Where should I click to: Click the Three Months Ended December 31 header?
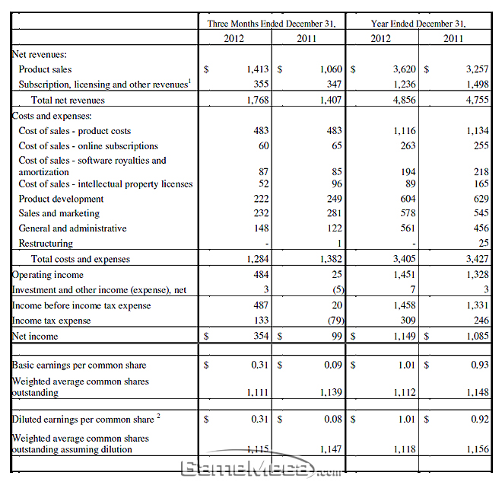(272, 24)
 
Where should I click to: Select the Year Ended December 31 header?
(418, 24)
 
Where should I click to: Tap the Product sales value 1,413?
(257, 69)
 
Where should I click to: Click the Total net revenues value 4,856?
(405, 100)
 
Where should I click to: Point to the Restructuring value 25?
(484, 243)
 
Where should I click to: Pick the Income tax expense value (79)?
(336, 321)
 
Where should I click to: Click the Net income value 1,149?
(405, 336)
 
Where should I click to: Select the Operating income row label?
(47, 275)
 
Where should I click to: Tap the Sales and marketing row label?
(59, 213)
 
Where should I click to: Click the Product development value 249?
(335, 199)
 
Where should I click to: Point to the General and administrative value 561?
(408, 228)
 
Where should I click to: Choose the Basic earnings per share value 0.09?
(333, 365)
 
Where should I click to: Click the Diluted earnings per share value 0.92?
(480, 420)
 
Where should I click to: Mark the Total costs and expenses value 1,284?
(257, 259)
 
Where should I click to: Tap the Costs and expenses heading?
(52, 116)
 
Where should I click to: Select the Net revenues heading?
(39, 55)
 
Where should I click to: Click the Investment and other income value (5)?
(338, 289)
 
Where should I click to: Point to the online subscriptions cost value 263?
(408, 145)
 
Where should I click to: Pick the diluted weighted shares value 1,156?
(478, 449)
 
